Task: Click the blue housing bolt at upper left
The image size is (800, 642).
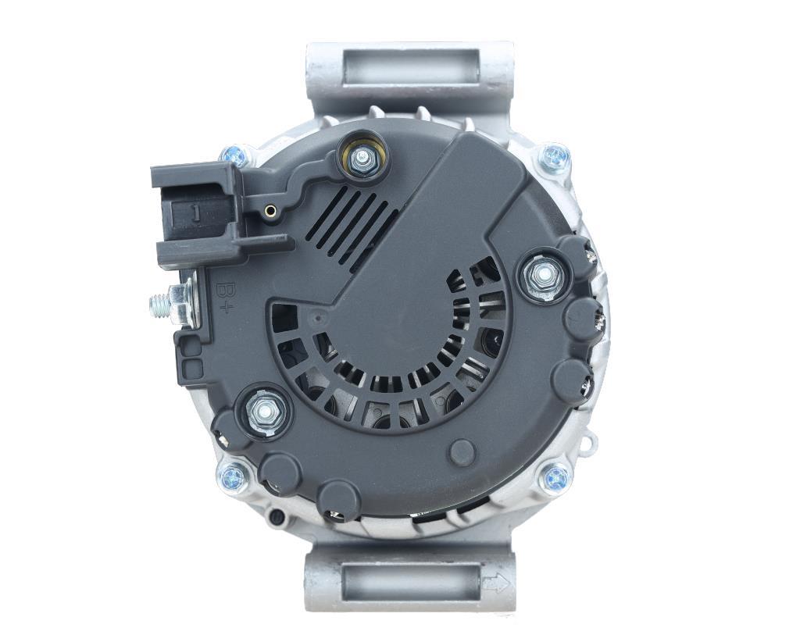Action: tap(234, 154)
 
